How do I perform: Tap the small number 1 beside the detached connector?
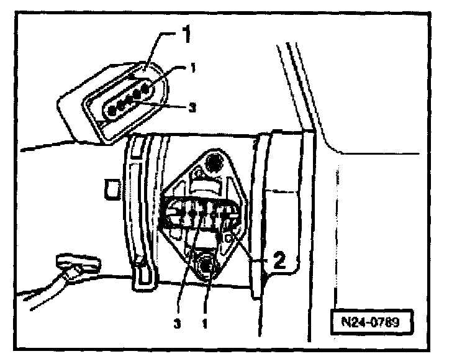192,68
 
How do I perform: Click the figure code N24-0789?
371,323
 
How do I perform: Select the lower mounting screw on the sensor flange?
205,266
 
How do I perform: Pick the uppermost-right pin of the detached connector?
147,90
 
